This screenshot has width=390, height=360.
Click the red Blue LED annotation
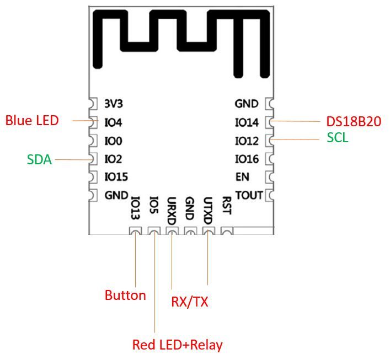tap(32, 120)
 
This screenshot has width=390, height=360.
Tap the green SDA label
tap(39, 160)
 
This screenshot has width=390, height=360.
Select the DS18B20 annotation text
tap(354, 122)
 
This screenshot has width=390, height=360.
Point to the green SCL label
tap(338, 138)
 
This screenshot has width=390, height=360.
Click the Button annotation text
tap(125, 295)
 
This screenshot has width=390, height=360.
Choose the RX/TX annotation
tap(190, 302)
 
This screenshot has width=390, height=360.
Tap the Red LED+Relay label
tap(177, 345)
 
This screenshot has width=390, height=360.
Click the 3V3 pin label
tap(113, 104)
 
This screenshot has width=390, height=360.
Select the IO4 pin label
tap(113, 122)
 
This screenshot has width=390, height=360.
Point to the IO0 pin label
tap(113, 141)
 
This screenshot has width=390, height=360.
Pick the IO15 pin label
tap(116, 177)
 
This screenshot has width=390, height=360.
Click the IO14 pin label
tap(247, 122)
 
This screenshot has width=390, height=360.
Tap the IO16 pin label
tap(247, 159)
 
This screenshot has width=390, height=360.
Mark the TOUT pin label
tap(249, 195)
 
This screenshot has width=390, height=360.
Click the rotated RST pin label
tap(226, 206)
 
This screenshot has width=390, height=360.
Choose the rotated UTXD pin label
tap(208, 210)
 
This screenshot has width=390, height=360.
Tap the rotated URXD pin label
tap(172, 210)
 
